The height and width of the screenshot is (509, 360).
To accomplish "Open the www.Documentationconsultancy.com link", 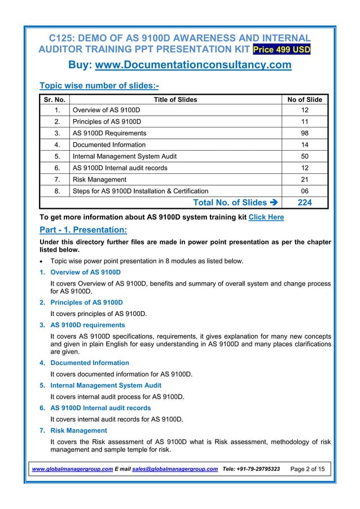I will click(194, 65).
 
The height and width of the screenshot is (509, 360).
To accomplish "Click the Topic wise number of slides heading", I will click(98, 86).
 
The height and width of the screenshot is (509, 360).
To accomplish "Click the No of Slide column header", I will click(305, 100).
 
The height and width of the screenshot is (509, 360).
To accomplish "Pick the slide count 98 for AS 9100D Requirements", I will click(305, 133).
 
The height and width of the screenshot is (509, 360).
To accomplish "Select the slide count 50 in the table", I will click(305, 156).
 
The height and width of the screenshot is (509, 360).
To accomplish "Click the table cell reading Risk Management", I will click(94, 179).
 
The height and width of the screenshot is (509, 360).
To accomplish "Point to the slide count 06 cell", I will click(305, 191).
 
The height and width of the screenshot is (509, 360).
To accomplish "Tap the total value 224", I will click(305, 203).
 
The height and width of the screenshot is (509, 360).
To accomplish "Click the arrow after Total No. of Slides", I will click(271, 203).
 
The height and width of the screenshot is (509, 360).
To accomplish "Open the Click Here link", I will click(266, 217).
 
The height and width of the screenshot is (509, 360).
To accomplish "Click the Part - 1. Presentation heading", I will click(84, 230).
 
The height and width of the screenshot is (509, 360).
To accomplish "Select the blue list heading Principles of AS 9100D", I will click(86, 302).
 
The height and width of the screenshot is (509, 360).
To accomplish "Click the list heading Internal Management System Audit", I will click(106, 385).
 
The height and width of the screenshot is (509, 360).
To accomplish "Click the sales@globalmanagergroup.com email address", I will click(174, 469).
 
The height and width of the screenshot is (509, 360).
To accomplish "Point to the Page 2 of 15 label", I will click(308, 469).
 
